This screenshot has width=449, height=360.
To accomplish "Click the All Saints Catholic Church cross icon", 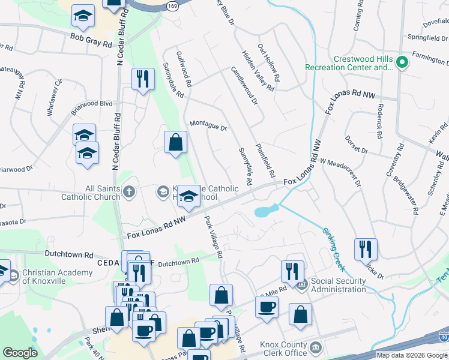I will [127, 192].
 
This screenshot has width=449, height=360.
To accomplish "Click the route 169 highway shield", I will [173, 5].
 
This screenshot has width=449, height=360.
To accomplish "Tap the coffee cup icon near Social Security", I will [267, 306].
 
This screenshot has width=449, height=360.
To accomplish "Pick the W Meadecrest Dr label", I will [340, 171].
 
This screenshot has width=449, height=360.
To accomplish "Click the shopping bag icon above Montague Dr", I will [175, 143].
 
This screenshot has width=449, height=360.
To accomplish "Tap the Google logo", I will [20, 353].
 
